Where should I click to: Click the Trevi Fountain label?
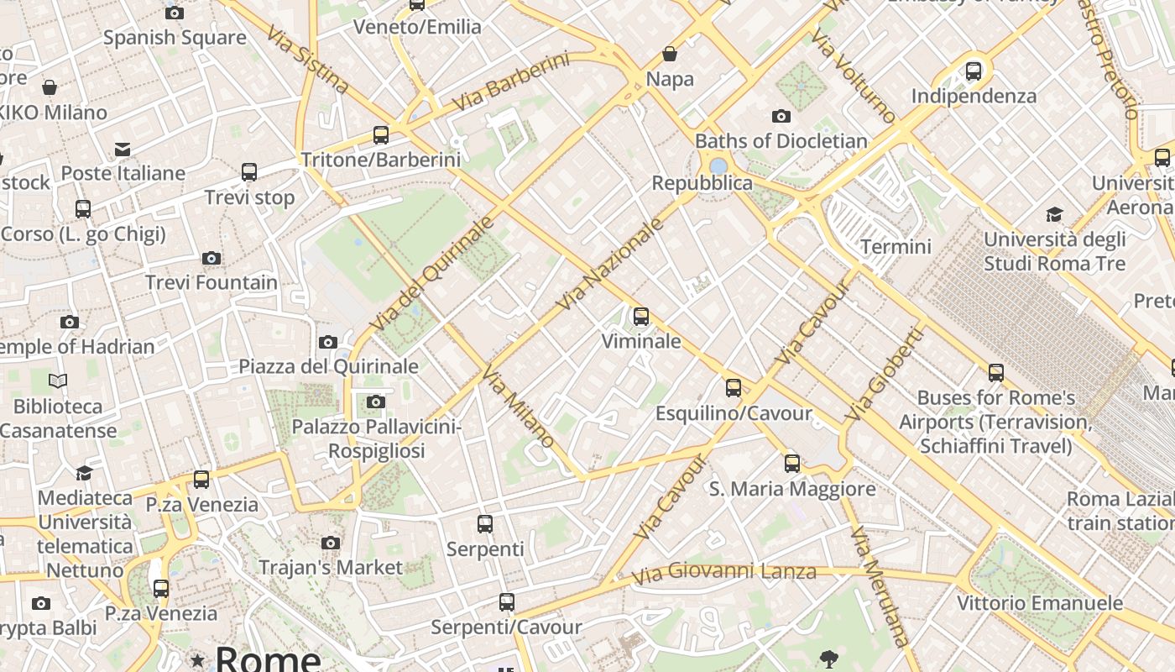(211, 282)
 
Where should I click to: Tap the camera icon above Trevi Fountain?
(211, 259)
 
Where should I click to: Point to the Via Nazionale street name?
(610, 263)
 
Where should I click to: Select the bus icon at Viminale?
(641, 317)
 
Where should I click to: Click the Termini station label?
(896, 246)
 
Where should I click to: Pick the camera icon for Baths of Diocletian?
(781, 116)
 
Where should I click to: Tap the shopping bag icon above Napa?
(670, 55)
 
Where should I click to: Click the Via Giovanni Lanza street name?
(723, 573)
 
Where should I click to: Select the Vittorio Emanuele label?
(1040, 603)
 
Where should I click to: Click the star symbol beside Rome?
(197, 661)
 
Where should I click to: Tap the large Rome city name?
(268, 659)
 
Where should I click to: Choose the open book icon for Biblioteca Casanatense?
(58, 381)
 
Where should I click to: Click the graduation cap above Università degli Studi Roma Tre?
(1054, 215)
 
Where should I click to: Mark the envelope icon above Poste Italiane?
(123, 150)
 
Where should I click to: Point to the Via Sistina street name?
(307, 60)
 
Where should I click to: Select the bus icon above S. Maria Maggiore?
(791, 464)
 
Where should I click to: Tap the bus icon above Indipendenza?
(974, 71)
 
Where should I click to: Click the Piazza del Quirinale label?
(328, 366)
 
